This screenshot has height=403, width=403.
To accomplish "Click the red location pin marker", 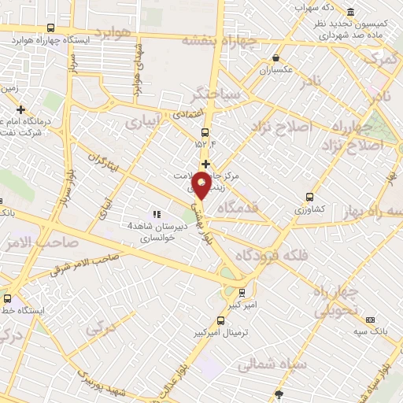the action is coord(201,186).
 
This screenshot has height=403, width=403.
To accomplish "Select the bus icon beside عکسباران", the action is coord(276,57).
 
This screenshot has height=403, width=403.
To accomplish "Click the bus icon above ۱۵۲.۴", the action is coord(205,131).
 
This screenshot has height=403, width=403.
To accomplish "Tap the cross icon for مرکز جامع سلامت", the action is coord(205,164).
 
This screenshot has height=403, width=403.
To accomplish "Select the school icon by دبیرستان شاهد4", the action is coord(156,214).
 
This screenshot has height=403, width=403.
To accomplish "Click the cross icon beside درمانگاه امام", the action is coord(21,109).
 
